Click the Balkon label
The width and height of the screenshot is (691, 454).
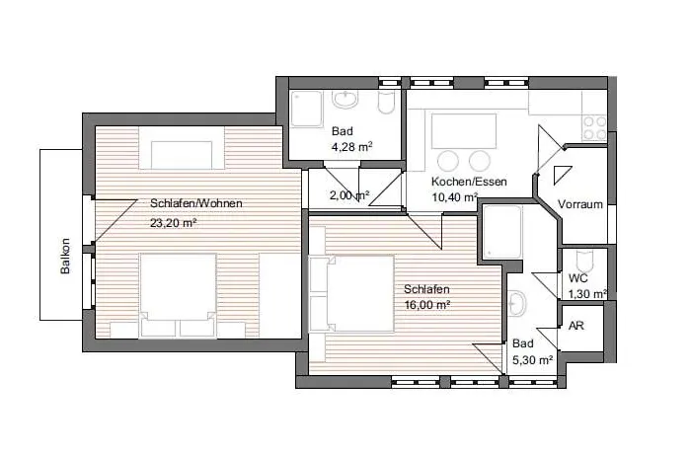[65, 256]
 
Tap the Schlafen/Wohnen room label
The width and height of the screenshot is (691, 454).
[196, 203]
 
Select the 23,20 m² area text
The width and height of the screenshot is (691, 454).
[173, 223]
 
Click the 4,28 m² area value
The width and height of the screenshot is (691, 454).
[352, 147]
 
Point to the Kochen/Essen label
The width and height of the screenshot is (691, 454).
[469, 182]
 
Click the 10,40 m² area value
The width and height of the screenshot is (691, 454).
[454, 197]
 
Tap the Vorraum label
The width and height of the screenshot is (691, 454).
[580, 204]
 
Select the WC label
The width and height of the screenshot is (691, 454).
[577, 278]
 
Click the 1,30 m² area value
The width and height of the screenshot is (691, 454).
[588, 294]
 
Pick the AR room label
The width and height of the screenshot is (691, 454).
[576, 326]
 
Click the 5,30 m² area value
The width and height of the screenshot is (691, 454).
[532, 360]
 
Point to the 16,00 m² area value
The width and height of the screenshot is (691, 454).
[427, 305]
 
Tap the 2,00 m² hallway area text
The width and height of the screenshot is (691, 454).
[349, 194]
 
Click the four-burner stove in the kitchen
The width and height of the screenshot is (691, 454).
[593, 128]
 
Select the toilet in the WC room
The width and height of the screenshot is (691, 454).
[584, 261]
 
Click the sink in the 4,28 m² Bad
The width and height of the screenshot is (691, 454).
[345, 100]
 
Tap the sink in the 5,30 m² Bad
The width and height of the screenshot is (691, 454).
[517, 303]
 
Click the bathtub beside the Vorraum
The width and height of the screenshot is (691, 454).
[501, 232]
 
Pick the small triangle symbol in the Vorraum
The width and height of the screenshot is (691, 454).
[562, 174]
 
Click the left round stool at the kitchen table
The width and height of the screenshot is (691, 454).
[448, 161]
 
